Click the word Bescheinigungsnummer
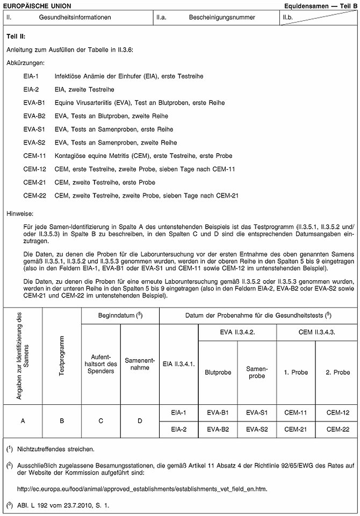[x=222, y=17]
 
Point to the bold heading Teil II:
[x=16, y=37]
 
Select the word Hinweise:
[x=20, y=213]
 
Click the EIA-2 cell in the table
[x=179, y=429]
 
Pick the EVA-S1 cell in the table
[x=257, y=412]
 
